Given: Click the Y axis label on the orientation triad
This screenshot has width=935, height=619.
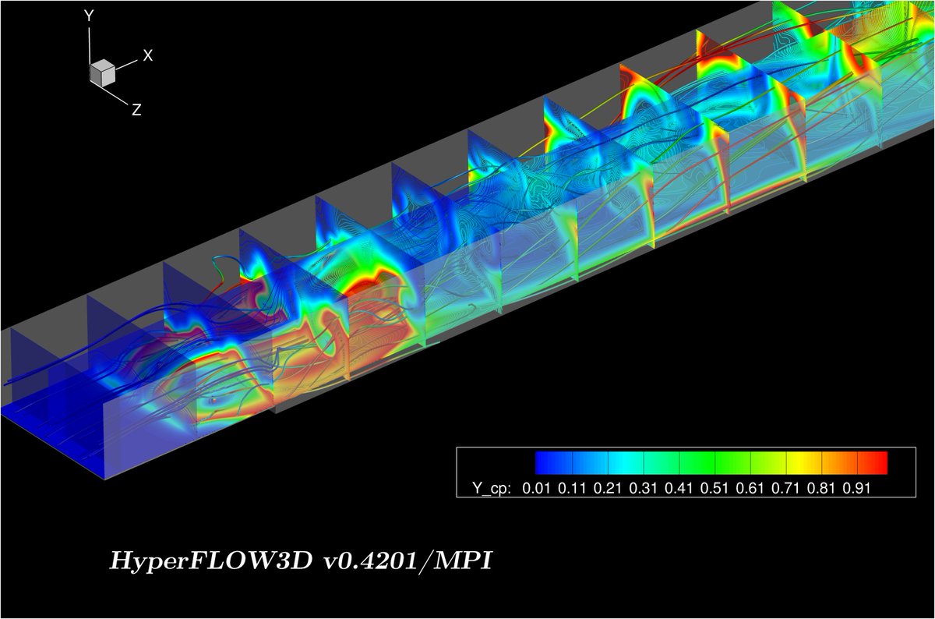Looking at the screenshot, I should point(90,15).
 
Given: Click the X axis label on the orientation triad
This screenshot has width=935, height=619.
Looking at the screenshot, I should point(147,55).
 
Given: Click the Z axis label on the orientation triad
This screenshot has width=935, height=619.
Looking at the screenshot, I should point(136,110).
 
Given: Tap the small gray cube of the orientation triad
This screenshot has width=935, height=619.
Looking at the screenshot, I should point(102,73).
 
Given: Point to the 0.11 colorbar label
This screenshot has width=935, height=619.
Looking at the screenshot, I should point(573,487).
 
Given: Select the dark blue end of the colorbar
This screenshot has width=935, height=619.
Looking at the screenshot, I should point(545,463).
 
